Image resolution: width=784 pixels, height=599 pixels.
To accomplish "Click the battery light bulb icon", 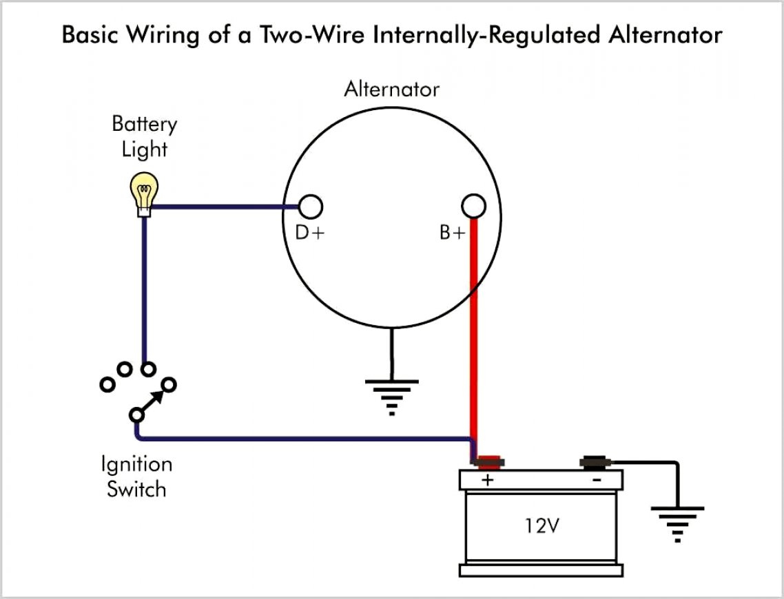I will coord(145,193).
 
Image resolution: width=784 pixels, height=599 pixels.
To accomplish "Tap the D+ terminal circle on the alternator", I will coord(310,206).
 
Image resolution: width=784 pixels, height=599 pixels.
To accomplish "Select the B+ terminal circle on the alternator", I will coord(473,206).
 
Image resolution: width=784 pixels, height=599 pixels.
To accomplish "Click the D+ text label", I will coord(309,233).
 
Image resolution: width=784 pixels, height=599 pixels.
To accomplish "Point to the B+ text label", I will coord(453,233).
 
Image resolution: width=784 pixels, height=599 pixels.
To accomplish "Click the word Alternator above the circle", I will coord(391,90).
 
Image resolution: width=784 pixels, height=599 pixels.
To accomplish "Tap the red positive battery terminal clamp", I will coord(488,461).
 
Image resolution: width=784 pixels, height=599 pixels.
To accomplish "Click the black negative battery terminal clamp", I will coord(594,461).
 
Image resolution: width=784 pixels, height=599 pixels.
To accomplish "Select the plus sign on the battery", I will coord(487,480).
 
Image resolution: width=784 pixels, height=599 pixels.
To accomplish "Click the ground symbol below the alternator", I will coord(392,395).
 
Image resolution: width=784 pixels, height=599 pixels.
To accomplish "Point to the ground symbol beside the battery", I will coord(678,523).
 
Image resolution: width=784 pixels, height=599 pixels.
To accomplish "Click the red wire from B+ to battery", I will coord(473,330).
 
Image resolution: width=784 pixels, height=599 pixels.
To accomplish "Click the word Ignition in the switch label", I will coord(136,464).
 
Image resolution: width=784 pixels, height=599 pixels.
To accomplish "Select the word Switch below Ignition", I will coord(136,490).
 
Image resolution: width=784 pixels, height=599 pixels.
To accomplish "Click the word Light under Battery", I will coord(145,149).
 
